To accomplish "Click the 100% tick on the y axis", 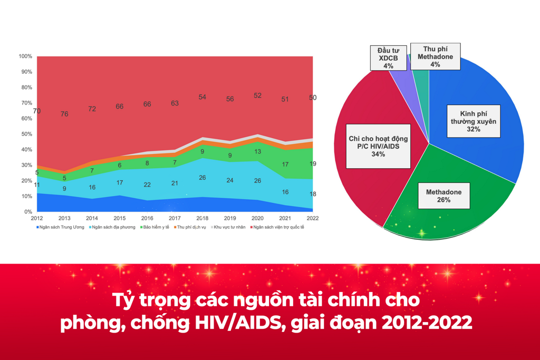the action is (x=25, y=56).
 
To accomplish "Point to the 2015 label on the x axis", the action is (x=120, y=218).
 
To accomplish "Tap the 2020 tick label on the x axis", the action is (x=257, y=218).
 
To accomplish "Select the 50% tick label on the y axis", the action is (x=26, y=134).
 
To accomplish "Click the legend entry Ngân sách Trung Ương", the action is (x=60, y=227).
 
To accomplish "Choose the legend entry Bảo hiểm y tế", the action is (x=155, y=227).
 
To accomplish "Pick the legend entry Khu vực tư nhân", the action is (x=228, y=227).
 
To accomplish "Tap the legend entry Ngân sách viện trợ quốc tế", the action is (x=277, y=227).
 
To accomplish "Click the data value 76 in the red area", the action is (x=64, y=114).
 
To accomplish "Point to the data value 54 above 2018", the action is (x=202, y=97).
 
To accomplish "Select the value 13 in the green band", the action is (x=257, y=151).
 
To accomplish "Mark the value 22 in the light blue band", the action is (x=147, y=185).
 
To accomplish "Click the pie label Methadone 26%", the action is (x=444, y=196).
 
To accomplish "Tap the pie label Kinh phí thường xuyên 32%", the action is (x=474, y=121).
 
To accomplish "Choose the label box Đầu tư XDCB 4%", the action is (x=389, y=58).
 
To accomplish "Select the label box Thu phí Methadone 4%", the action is (x=435, y=56).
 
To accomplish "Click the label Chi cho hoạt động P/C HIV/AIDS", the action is (x=378, y=142).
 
